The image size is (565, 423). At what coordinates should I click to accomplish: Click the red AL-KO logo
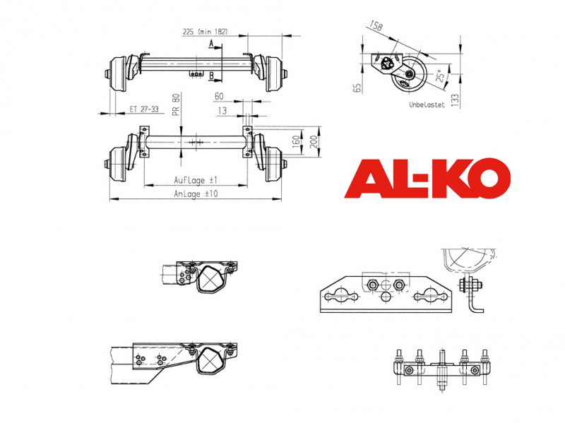pyautogui.click(x=427, y=179)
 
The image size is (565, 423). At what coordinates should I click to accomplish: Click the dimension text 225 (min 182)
pyautogui.click(x=206, y=32)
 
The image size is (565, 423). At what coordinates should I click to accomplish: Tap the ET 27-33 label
pyautogui.click(x=144, y=109)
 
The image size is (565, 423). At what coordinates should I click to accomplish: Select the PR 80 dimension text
pyautogui.click(x=176, y=105)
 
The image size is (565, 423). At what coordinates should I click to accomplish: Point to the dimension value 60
pyautogui.click(x=219, y=96)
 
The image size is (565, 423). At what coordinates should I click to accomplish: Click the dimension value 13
pyautogui.click(x=222, y=111)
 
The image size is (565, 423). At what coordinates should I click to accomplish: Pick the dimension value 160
pyautogui.click(x=296, y=141)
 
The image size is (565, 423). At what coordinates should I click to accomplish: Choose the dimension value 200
pyautogui.click(x=314, y=141)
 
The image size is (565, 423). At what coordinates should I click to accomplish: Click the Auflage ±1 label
pyautogui.click(x=196, y=180)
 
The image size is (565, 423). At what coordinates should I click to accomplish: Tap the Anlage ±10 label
pyautogui.click(x=196, y=193)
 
